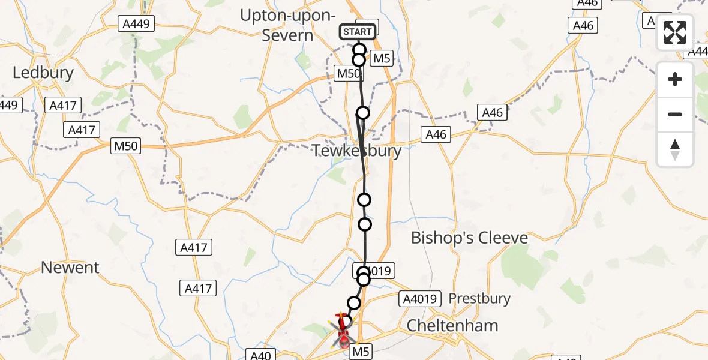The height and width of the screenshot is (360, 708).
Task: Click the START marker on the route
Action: pos(358,31)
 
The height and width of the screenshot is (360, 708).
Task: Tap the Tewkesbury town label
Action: pos(356,151)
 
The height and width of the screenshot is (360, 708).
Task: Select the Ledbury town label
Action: pos(43,73)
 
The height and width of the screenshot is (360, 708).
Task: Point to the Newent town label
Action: pos(70,267)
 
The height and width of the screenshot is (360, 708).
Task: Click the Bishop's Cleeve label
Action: pos(469,238)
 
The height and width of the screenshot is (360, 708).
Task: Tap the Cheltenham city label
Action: pos(452,326)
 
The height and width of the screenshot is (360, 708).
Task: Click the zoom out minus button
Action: pos(675,114)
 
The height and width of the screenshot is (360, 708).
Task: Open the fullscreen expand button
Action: pos(675,32)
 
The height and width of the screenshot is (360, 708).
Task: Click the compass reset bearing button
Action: pos(675,149)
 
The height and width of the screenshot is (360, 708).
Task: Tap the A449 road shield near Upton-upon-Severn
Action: pos(137,24)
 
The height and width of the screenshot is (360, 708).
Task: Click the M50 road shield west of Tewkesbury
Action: pos(125,146)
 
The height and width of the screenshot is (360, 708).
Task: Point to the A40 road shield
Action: pos(260,355)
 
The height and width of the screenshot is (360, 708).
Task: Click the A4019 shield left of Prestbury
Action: pos(421,298)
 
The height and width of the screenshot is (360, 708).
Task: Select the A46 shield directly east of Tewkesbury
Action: pos(436,134)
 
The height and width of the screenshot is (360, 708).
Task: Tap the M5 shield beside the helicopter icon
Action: pos(360,352)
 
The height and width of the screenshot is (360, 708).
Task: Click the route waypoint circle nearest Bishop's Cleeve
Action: pos(365,224)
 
